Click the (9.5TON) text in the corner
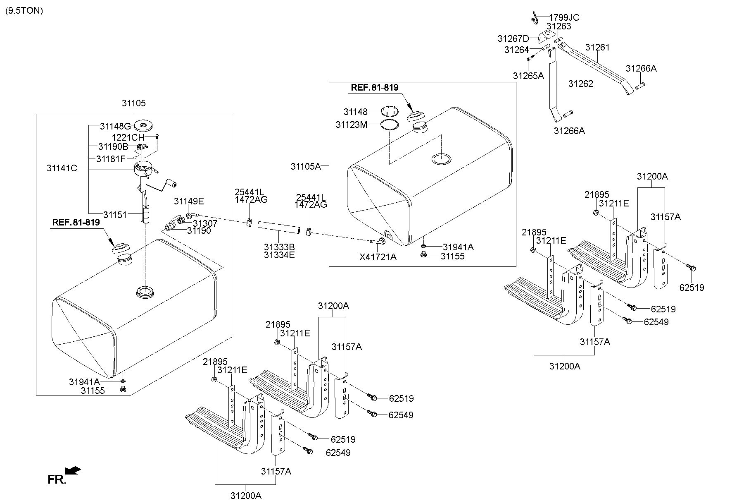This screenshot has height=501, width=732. tap(24, 11)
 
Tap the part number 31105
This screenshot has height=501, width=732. tap(133, 103)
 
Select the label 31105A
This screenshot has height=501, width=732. tap(306, 166)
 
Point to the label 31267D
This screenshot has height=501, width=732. tap(513, 39)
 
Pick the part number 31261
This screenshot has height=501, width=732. tap(597, 48)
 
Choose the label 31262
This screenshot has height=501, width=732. tap(580, 84)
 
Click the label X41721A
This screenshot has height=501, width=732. tap(378, 257)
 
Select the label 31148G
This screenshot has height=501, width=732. tap(115, 126)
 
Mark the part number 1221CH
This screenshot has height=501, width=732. tap(128, 137)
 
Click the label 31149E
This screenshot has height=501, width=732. tap(189, 201)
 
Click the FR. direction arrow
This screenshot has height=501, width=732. tap(74, 470)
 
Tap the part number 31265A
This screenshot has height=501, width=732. tap(528, 76)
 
